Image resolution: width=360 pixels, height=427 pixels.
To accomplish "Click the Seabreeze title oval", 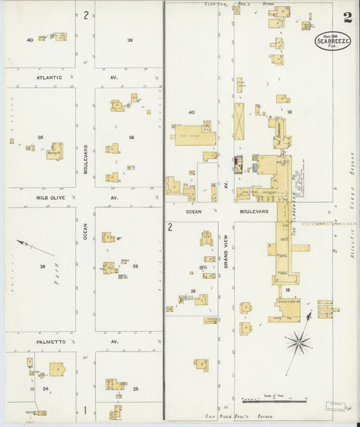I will [333, 41].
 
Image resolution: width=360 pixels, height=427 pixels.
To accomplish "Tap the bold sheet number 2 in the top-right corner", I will [346, 17].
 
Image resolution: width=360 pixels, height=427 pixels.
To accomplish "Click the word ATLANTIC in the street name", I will [49, 77].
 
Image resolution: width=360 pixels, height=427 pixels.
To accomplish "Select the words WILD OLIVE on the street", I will [49, 198].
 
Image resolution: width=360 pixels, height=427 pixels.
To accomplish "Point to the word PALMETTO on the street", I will [50, 342].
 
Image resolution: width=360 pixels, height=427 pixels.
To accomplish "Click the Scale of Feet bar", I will [273, 402].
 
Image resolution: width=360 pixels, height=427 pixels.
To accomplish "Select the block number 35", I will [41, 137].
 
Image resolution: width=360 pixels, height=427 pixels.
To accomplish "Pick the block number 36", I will [132, 137].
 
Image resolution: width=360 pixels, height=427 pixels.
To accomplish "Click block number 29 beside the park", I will [42, 266].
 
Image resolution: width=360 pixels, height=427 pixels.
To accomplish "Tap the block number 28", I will [135, 266].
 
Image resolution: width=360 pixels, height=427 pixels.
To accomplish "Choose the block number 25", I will [135, 388].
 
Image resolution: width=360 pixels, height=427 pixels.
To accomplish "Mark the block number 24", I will [45, 388].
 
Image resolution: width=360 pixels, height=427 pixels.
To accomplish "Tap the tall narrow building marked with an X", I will [239, 121].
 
